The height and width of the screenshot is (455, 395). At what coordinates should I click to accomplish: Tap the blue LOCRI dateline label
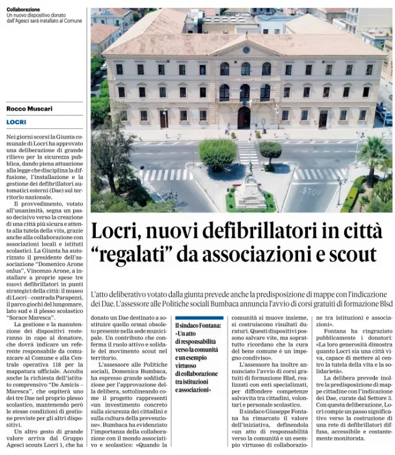click(x=16, y=122)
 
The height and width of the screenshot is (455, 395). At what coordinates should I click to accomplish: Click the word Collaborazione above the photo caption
click(x=24, y=10)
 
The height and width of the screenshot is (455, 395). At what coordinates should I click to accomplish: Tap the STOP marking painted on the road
click(x=312, y=191)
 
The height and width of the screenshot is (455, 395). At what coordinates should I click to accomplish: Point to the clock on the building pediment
click(x=246, y=50)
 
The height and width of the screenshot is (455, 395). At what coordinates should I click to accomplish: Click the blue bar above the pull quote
click(x=199, y=318)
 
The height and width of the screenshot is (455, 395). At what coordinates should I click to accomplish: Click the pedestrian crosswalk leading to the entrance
click(x=248, y=152)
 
